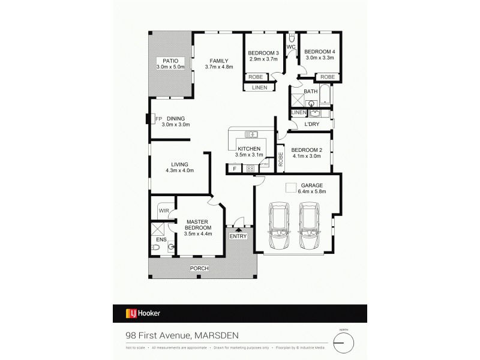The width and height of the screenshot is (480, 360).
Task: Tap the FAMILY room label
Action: pyautogui.click(x=218, y=60)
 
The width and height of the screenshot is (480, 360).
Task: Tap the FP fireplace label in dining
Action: pyautogui.click(x=158, y=119)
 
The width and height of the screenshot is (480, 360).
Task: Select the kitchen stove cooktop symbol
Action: pyautogui.click(x=251, y=169)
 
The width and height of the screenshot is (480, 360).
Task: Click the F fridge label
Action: pyautogui.click(x=235, y=169)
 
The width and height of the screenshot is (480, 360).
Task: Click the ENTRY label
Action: pyautogui.click(x=238, y=236)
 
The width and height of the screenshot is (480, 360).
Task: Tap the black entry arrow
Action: pyautogui.click(x=238, y=228)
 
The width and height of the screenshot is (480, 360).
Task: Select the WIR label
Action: pyautogui.click(x=163, y=210)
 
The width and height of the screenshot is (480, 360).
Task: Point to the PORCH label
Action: pyautogui.click(x=199, y=268)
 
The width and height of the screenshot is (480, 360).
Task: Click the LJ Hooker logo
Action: pyautogui.click(x=142, y=313)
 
